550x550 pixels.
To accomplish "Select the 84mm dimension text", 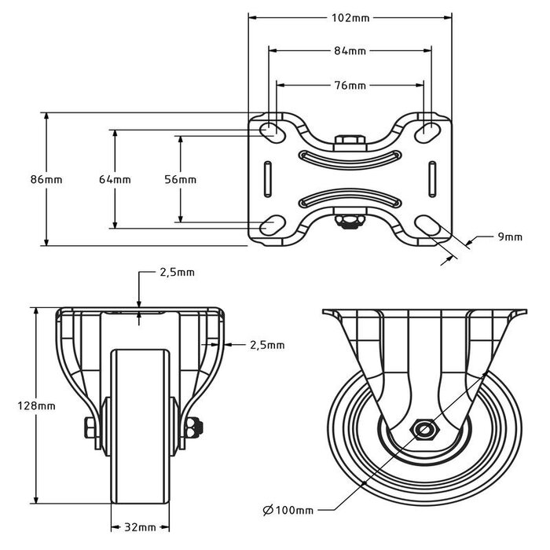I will coord(350,51).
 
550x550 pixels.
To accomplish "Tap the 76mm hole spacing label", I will coord(350,85).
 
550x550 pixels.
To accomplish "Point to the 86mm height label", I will coord(46,179).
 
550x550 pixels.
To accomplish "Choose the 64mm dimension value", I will coord(115,179).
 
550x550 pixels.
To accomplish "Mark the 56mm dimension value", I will coord(181,179).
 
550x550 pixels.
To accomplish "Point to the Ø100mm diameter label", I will coord(288,511).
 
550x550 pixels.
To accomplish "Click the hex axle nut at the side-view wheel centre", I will coord(426,430).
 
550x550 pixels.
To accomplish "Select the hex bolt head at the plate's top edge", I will coord(350,142).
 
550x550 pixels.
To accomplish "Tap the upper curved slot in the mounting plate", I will coord(350,159).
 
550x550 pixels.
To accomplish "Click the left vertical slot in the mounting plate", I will coord(269,179).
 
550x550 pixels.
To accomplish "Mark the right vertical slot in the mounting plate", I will coord(432,179).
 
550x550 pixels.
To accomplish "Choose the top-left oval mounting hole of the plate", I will coord(269,130).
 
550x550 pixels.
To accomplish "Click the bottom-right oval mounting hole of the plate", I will coord(430,226).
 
